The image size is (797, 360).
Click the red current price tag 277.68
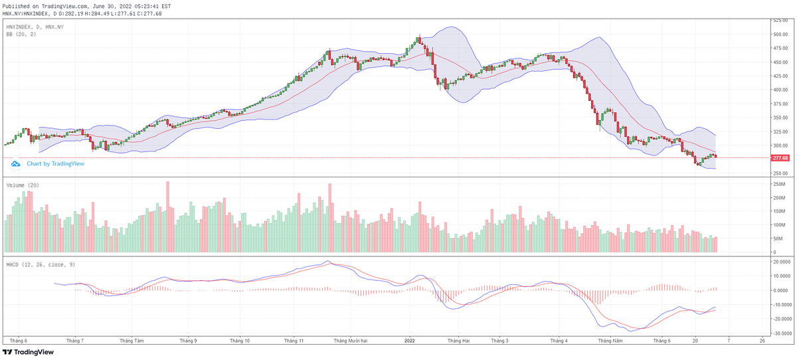point(780,158)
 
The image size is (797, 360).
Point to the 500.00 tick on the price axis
point(779,34)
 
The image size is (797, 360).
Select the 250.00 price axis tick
point(779,173)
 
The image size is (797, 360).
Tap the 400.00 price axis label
point(779,90)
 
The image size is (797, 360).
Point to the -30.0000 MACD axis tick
point(781,333)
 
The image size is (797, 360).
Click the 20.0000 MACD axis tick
point(780,262)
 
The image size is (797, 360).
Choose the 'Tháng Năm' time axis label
point(610,341)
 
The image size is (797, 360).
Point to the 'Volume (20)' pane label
point(23,185)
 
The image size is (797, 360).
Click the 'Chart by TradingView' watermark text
point(55,163)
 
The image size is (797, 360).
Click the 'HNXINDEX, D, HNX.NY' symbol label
point(35,27)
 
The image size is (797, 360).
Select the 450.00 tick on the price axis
point(779,62)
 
